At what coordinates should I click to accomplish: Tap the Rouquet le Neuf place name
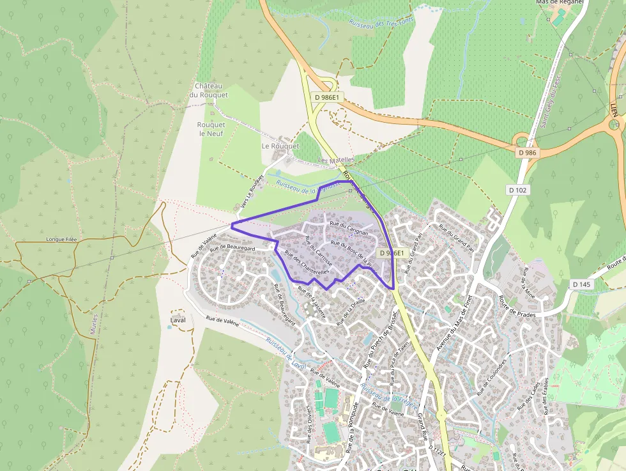[x=211, y=129]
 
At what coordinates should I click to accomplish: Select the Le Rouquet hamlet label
[x=280, y=146]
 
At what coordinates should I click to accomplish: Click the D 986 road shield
[x=528, y=153]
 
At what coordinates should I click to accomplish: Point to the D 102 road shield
[x=519, y=190]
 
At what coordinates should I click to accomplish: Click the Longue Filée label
[x=61, y=240]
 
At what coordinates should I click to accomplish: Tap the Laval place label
[x=178, y=319]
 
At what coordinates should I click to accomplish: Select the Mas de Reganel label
[x=560, y=3]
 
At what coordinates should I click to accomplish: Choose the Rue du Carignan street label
[x=349, y=229]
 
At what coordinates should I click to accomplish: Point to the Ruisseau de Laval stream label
[x=286, y=354]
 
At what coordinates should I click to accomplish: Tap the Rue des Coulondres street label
[x=491, y=378]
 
